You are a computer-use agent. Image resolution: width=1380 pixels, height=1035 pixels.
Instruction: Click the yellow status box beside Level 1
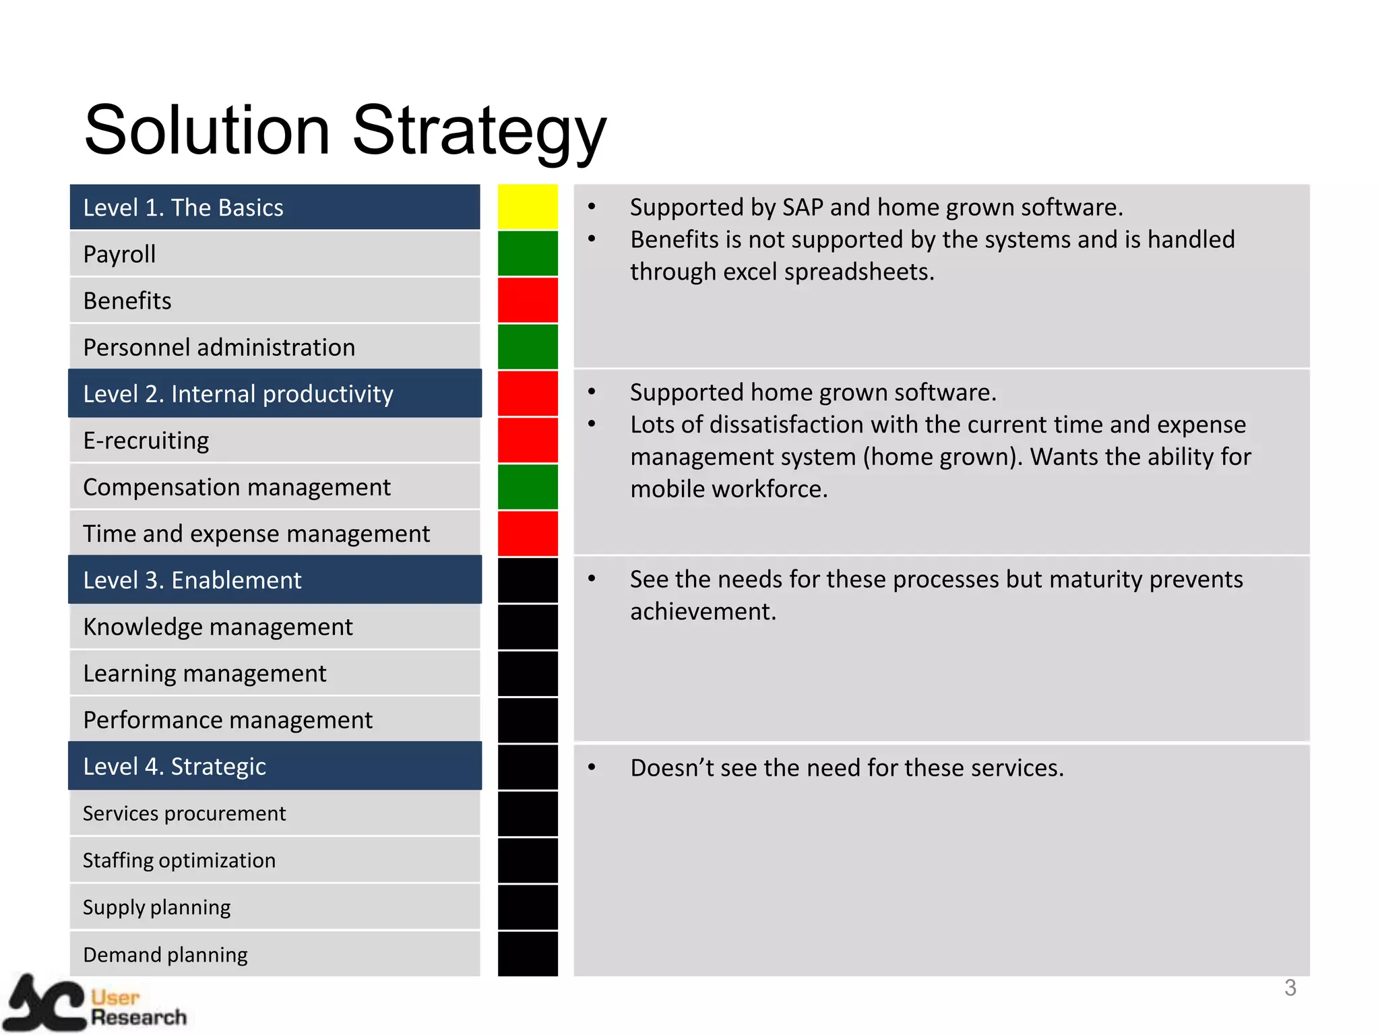tap(528, 207)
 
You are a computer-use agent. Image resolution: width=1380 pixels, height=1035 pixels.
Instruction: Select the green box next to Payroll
tap(528, 253)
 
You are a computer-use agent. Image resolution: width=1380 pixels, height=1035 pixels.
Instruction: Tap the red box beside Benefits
tap(528, 300)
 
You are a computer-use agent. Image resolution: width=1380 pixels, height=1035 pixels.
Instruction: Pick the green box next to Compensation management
tap(528, 487)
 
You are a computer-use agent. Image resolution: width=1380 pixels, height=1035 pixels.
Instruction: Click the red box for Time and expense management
tap(528, 534)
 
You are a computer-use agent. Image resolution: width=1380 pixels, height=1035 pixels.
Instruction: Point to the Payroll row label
tap(120, 254)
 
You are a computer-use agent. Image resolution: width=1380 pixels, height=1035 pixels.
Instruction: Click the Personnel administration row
tap(219, 347)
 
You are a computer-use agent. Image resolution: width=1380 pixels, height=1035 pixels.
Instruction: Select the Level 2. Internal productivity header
tap(238, 394)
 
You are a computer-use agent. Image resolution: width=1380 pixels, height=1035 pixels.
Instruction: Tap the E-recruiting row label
tap(146, 441)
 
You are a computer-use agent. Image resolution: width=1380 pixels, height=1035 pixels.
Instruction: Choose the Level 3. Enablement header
tap(192, 580)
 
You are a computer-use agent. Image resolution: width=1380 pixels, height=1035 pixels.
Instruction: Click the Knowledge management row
tap(218, 627)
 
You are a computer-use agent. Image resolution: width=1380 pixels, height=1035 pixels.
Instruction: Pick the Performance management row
tap(228, 720)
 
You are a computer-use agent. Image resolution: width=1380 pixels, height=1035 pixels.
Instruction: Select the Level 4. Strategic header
tap(175, 766)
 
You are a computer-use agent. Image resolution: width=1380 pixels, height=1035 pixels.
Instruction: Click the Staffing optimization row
tap(179, 860)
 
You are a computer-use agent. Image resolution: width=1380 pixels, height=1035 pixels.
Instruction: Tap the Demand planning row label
tap(165, 954)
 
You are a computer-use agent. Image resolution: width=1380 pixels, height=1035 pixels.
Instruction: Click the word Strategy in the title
tap(479, 131)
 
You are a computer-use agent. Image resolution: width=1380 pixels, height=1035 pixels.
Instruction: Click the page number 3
tap(1290, 988)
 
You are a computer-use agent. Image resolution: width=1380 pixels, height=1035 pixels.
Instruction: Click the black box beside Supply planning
tap(528, 907)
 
